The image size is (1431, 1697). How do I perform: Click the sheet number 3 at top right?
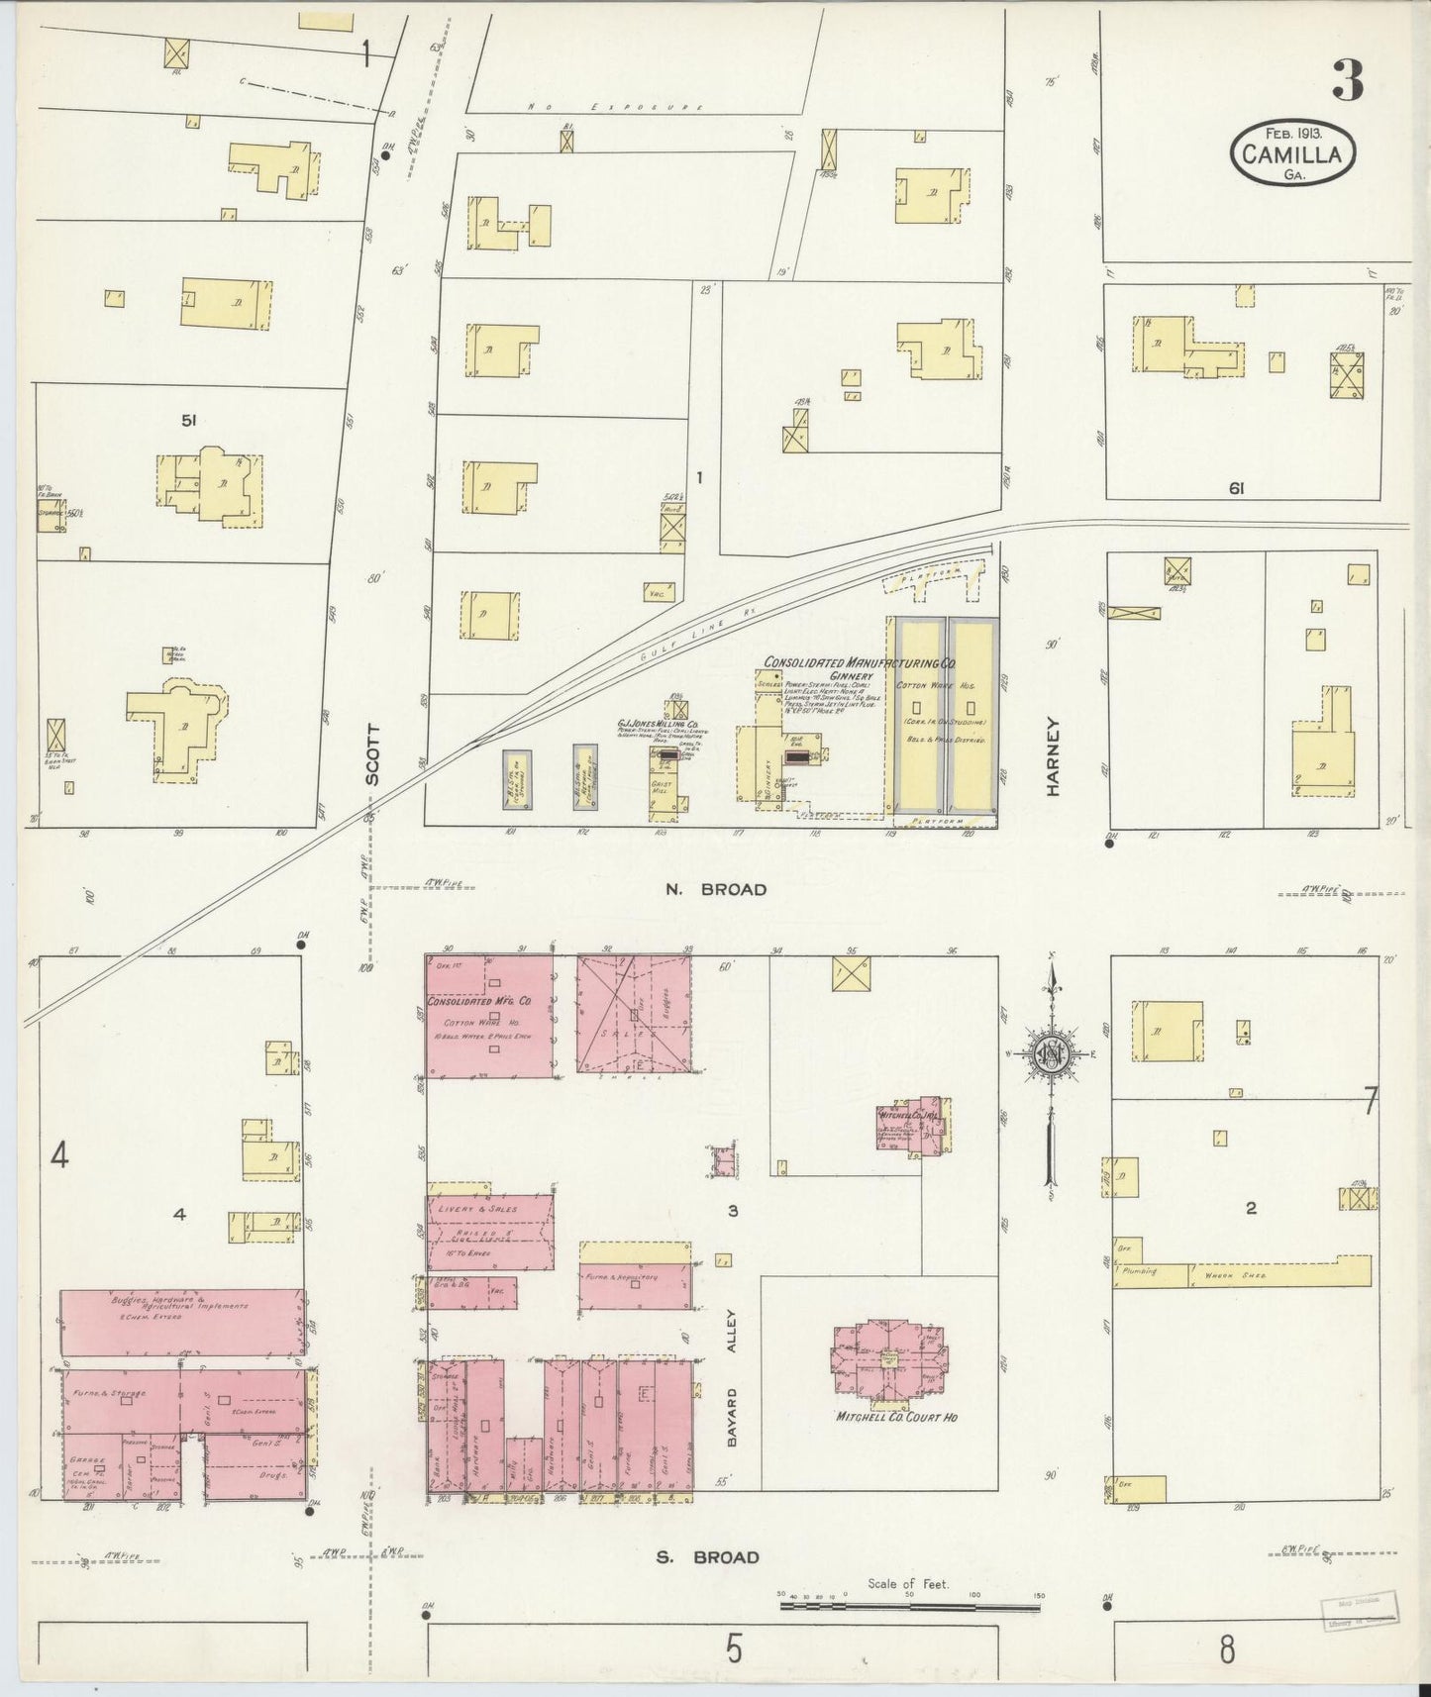point(1348,81)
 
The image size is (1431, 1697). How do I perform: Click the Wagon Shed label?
point(1230,1275)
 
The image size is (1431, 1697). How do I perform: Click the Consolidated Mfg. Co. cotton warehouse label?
point(486,1002)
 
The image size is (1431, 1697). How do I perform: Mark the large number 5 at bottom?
point(733,1650)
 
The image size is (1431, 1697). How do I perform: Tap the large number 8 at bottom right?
point(1226,1650)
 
